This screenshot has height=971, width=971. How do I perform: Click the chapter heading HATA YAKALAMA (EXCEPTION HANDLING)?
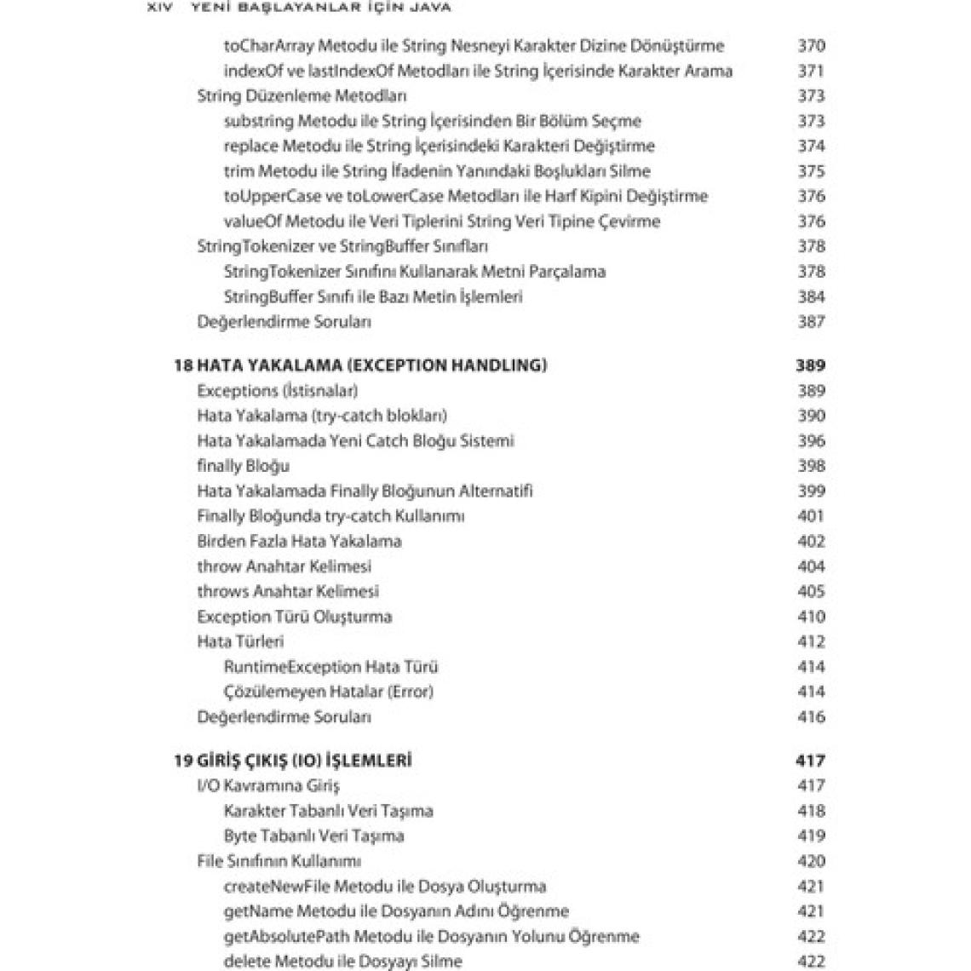coord(372,365)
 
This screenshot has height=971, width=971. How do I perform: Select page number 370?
coord(811,46)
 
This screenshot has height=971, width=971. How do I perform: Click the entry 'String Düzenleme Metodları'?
coord(302,96)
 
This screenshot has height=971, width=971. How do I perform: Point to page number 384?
coord(811,296)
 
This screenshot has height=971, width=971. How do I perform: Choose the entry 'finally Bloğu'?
coord(244,466)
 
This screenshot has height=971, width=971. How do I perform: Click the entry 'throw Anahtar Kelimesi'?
coord(284,566)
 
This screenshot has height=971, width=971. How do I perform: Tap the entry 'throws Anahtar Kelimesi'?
coord(288,591)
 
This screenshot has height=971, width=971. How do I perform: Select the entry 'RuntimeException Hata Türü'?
coord(331,667)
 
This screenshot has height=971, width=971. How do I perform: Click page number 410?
coord(811,617)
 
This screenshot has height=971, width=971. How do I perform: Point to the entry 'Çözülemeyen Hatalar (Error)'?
coord(329,692)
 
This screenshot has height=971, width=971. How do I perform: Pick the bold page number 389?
coord(810,365)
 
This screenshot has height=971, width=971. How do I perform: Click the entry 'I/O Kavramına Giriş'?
coord(268,785)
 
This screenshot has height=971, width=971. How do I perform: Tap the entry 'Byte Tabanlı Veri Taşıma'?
coord(314,836)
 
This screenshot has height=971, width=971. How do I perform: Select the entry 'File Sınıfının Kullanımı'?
coord(279,861)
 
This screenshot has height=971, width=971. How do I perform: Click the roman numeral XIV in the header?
coord(161,7)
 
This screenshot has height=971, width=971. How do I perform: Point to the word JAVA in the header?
coord(427,7)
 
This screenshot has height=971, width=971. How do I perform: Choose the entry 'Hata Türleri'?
coord(240,641)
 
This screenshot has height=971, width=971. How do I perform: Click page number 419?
coord(811,836)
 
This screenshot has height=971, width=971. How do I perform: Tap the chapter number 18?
coord(182,365)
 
